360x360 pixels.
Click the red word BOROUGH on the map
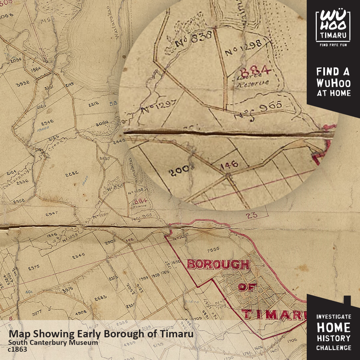[x=218, y=265]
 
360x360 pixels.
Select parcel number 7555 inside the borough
[x=214, y=249]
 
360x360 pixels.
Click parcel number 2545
[x=78, y=256]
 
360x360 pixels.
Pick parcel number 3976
[x=67, y=289]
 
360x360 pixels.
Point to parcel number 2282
[x=72, y=175]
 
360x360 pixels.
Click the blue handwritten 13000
[x=43, y=129]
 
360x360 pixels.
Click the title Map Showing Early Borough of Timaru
[x=101, y=334]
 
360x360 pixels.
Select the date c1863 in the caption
[x=17, y=349]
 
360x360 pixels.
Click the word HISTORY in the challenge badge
[x=333, y=338]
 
